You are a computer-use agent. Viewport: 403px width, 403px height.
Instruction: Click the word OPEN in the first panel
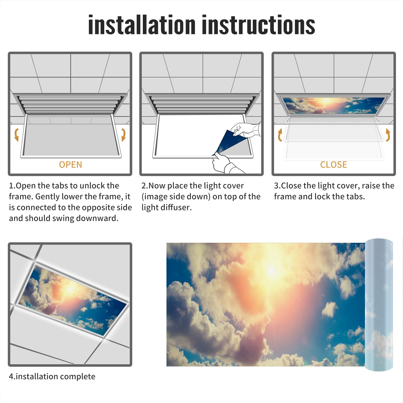coord(71,165)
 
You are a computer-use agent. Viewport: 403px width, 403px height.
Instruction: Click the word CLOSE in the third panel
coord(333,165)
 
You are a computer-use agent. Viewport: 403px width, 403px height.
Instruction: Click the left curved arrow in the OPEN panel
coord(16,135)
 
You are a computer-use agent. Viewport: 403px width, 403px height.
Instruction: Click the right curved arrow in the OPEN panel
coord(123,135)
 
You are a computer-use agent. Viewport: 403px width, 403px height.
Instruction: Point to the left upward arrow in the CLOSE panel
coord(280,135)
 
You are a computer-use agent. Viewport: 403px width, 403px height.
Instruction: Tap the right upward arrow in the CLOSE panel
coord(388,135)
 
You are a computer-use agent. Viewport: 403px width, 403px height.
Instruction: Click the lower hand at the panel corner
coord(224,164)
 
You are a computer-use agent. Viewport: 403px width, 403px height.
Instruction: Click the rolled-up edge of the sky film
coord(379,305)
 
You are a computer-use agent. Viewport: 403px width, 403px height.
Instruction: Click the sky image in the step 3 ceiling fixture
coord(334,105)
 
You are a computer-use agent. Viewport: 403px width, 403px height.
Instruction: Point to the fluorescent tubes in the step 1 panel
coord(71,105)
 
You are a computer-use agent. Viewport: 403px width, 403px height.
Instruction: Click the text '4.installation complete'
coord(52,377)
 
